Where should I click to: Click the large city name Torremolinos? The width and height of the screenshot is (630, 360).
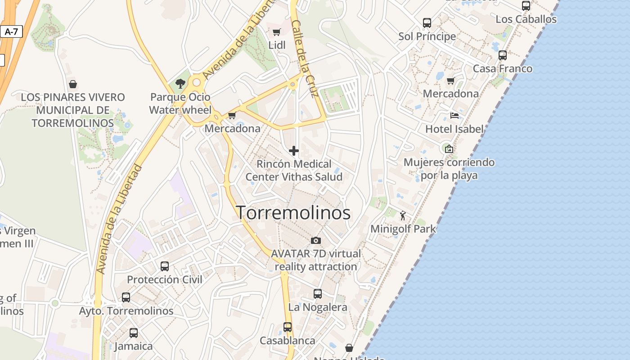click(x=293, y=213)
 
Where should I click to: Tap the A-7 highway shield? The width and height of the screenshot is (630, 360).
click(x=11, y=31)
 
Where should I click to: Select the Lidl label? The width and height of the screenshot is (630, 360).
click(x=277, y=45)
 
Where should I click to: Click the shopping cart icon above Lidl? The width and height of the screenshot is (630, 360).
click(x=276, y=32)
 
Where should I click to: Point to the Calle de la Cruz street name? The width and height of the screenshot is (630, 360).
click(x=305, y=59)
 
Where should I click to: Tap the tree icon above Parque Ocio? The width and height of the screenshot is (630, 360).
click(x=180, y=83)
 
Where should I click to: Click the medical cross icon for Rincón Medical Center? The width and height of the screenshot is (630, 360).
click(x=294, y=151)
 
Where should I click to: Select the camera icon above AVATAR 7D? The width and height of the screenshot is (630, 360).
click(x=316, y=240)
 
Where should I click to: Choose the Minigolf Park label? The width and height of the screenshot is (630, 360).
click(x=403, y=229)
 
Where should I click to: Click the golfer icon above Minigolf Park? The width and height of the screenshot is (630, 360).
click(x=403, y=216)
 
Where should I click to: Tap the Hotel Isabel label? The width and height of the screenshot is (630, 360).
click(x=454, y=129)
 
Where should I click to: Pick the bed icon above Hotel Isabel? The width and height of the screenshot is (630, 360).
click(x=454, y=116)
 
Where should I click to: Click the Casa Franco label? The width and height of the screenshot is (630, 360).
click(x=503, y=69)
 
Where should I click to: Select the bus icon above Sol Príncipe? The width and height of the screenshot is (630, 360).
click(x=427, y=22)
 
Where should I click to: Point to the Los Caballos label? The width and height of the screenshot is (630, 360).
click(x=526, y=19)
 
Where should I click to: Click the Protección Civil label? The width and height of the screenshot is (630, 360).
click(x=165, y=279)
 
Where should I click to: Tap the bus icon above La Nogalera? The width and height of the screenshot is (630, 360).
click(x=318, y=294)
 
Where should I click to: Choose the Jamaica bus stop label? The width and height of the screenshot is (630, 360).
click(x=133, y=346)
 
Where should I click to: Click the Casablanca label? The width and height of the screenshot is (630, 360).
click(x=288, y=340)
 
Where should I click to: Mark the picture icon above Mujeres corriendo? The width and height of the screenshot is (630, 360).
click(x=449, y=148)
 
